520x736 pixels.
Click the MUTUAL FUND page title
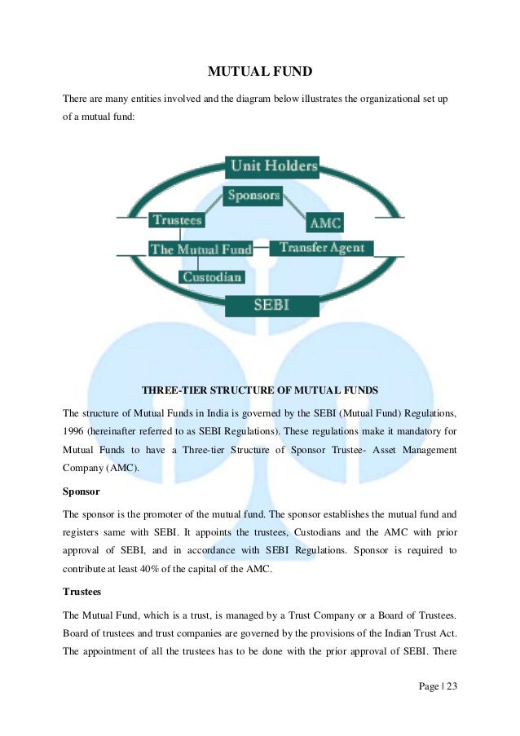tap(260, 73)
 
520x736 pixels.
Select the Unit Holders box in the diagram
tap(272, 166)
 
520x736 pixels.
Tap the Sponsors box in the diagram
tap(253, 195)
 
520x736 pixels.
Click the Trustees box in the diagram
tap(176, 219)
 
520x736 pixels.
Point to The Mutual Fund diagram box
tap(201, 249)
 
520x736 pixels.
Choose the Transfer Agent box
tap(321, 248)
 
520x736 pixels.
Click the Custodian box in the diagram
tap(211, 277)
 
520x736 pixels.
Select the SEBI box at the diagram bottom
tap(272, 306)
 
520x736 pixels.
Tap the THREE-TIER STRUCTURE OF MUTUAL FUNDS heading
tap(260, 390)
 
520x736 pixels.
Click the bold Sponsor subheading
tap(82, 491)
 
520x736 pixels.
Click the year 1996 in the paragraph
tap(76, 431)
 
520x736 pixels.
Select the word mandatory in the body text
tap(422, 431)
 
